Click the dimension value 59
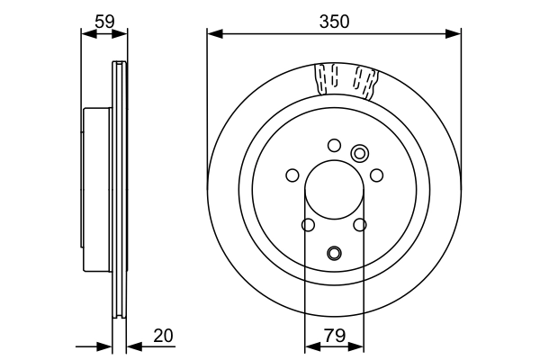tap(103, 19)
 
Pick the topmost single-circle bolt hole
tap(334, 145)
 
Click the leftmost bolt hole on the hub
tap(292, 175)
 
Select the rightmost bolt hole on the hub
tap(376, 175)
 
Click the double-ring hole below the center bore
tap(334, 253)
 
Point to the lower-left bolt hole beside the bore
tap(308, 225)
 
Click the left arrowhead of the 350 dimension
tap(213, 34)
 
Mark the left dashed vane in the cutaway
tap(327, 79)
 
